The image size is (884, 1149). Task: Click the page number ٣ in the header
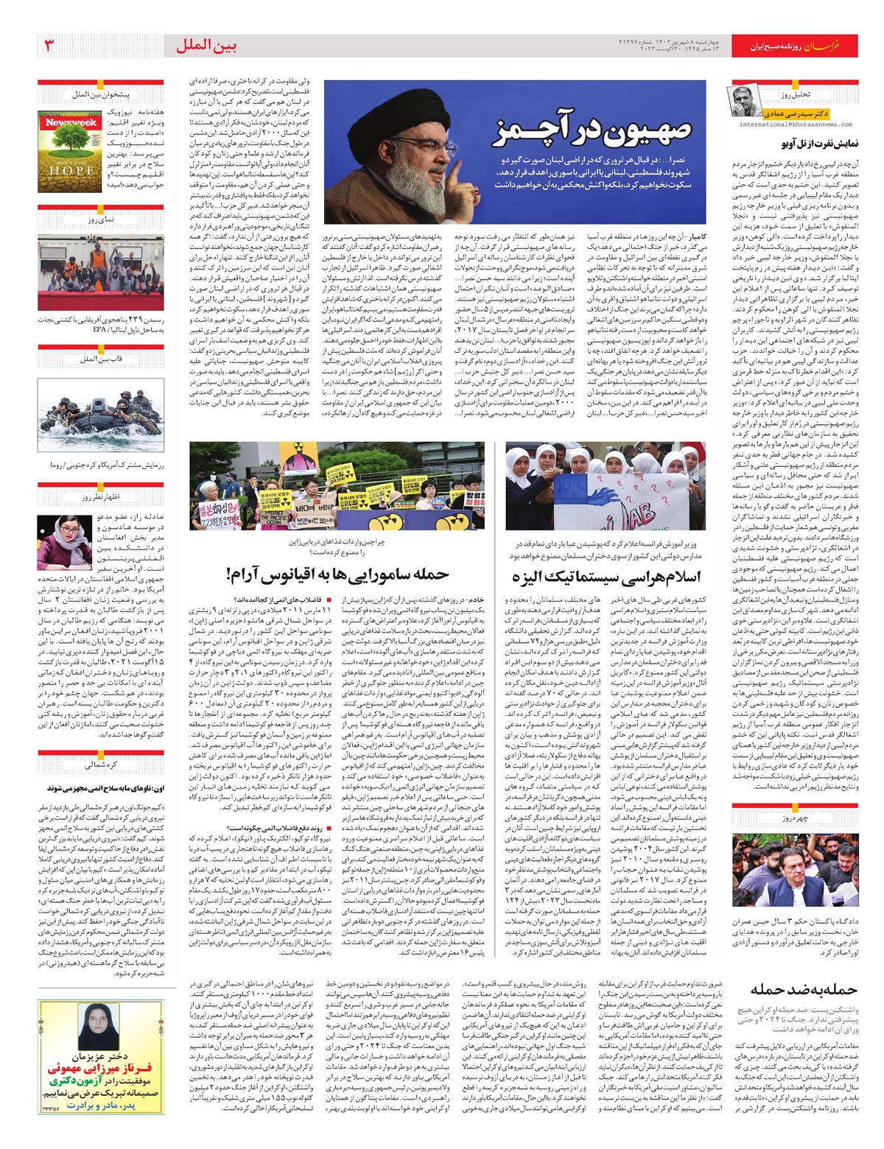[51, 45]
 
